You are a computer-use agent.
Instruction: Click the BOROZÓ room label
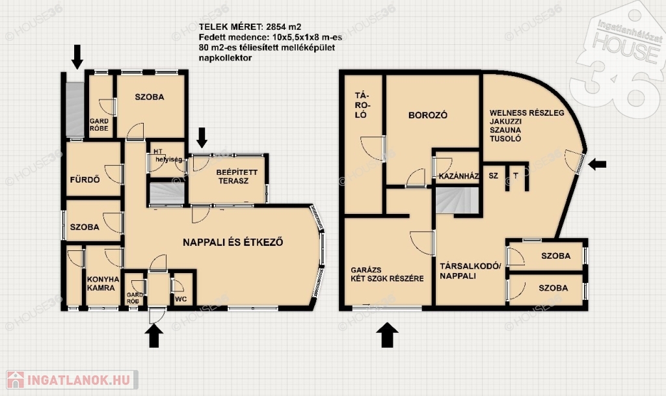[428, 115]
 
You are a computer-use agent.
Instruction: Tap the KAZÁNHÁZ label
[459, 176]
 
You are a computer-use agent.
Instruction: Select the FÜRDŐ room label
[85, 179]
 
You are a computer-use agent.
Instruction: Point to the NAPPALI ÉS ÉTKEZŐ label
[233, 243]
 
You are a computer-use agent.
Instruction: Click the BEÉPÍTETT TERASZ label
[237, 177]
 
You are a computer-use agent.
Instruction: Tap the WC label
[181, 299]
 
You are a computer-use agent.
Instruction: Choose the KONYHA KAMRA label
[103, 284]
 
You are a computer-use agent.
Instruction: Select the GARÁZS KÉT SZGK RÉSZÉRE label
[387, 274]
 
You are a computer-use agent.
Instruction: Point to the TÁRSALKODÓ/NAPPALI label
[470, 271]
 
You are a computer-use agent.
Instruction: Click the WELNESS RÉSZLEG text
[527, 113]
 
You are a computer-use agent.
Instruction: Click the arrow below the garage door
[387, 335]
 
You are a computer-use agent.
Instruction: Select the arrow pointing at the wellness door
[597, 164]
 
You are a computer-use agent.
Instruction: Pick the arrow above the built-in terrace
[202, 137]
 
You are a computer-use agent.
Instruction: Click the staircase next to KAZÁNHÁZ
[457, 201]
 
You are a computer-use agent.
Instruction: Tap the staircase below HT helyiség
[167, 194]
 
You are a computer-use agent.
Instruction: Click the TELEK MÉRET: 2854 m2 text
[250, 27]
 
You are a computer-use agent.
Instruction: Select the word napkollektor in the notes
[225, 58]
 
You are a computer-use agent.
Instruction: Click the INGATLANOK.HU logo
[72, 380]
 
